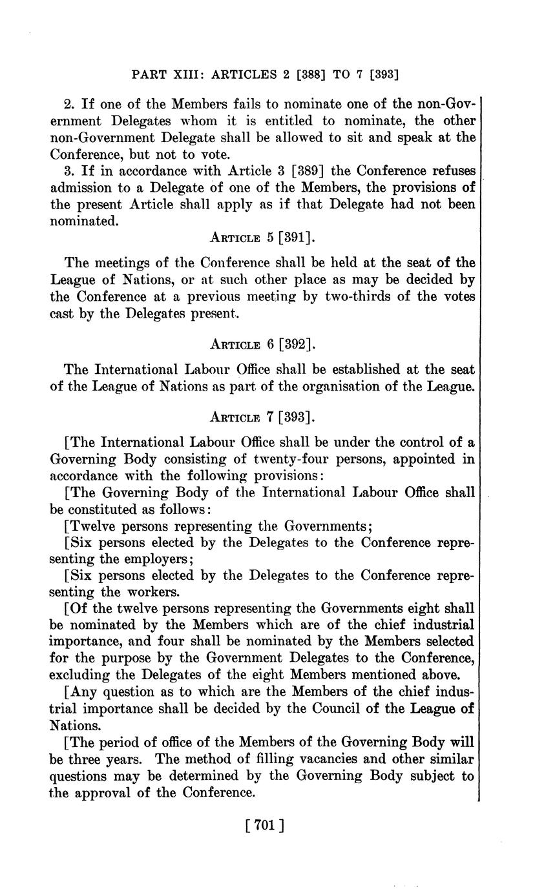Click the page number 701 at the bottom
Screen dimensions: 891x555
tap(261, 824)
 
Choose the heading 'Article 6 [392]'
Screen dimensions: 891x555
tap(262, 344)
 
